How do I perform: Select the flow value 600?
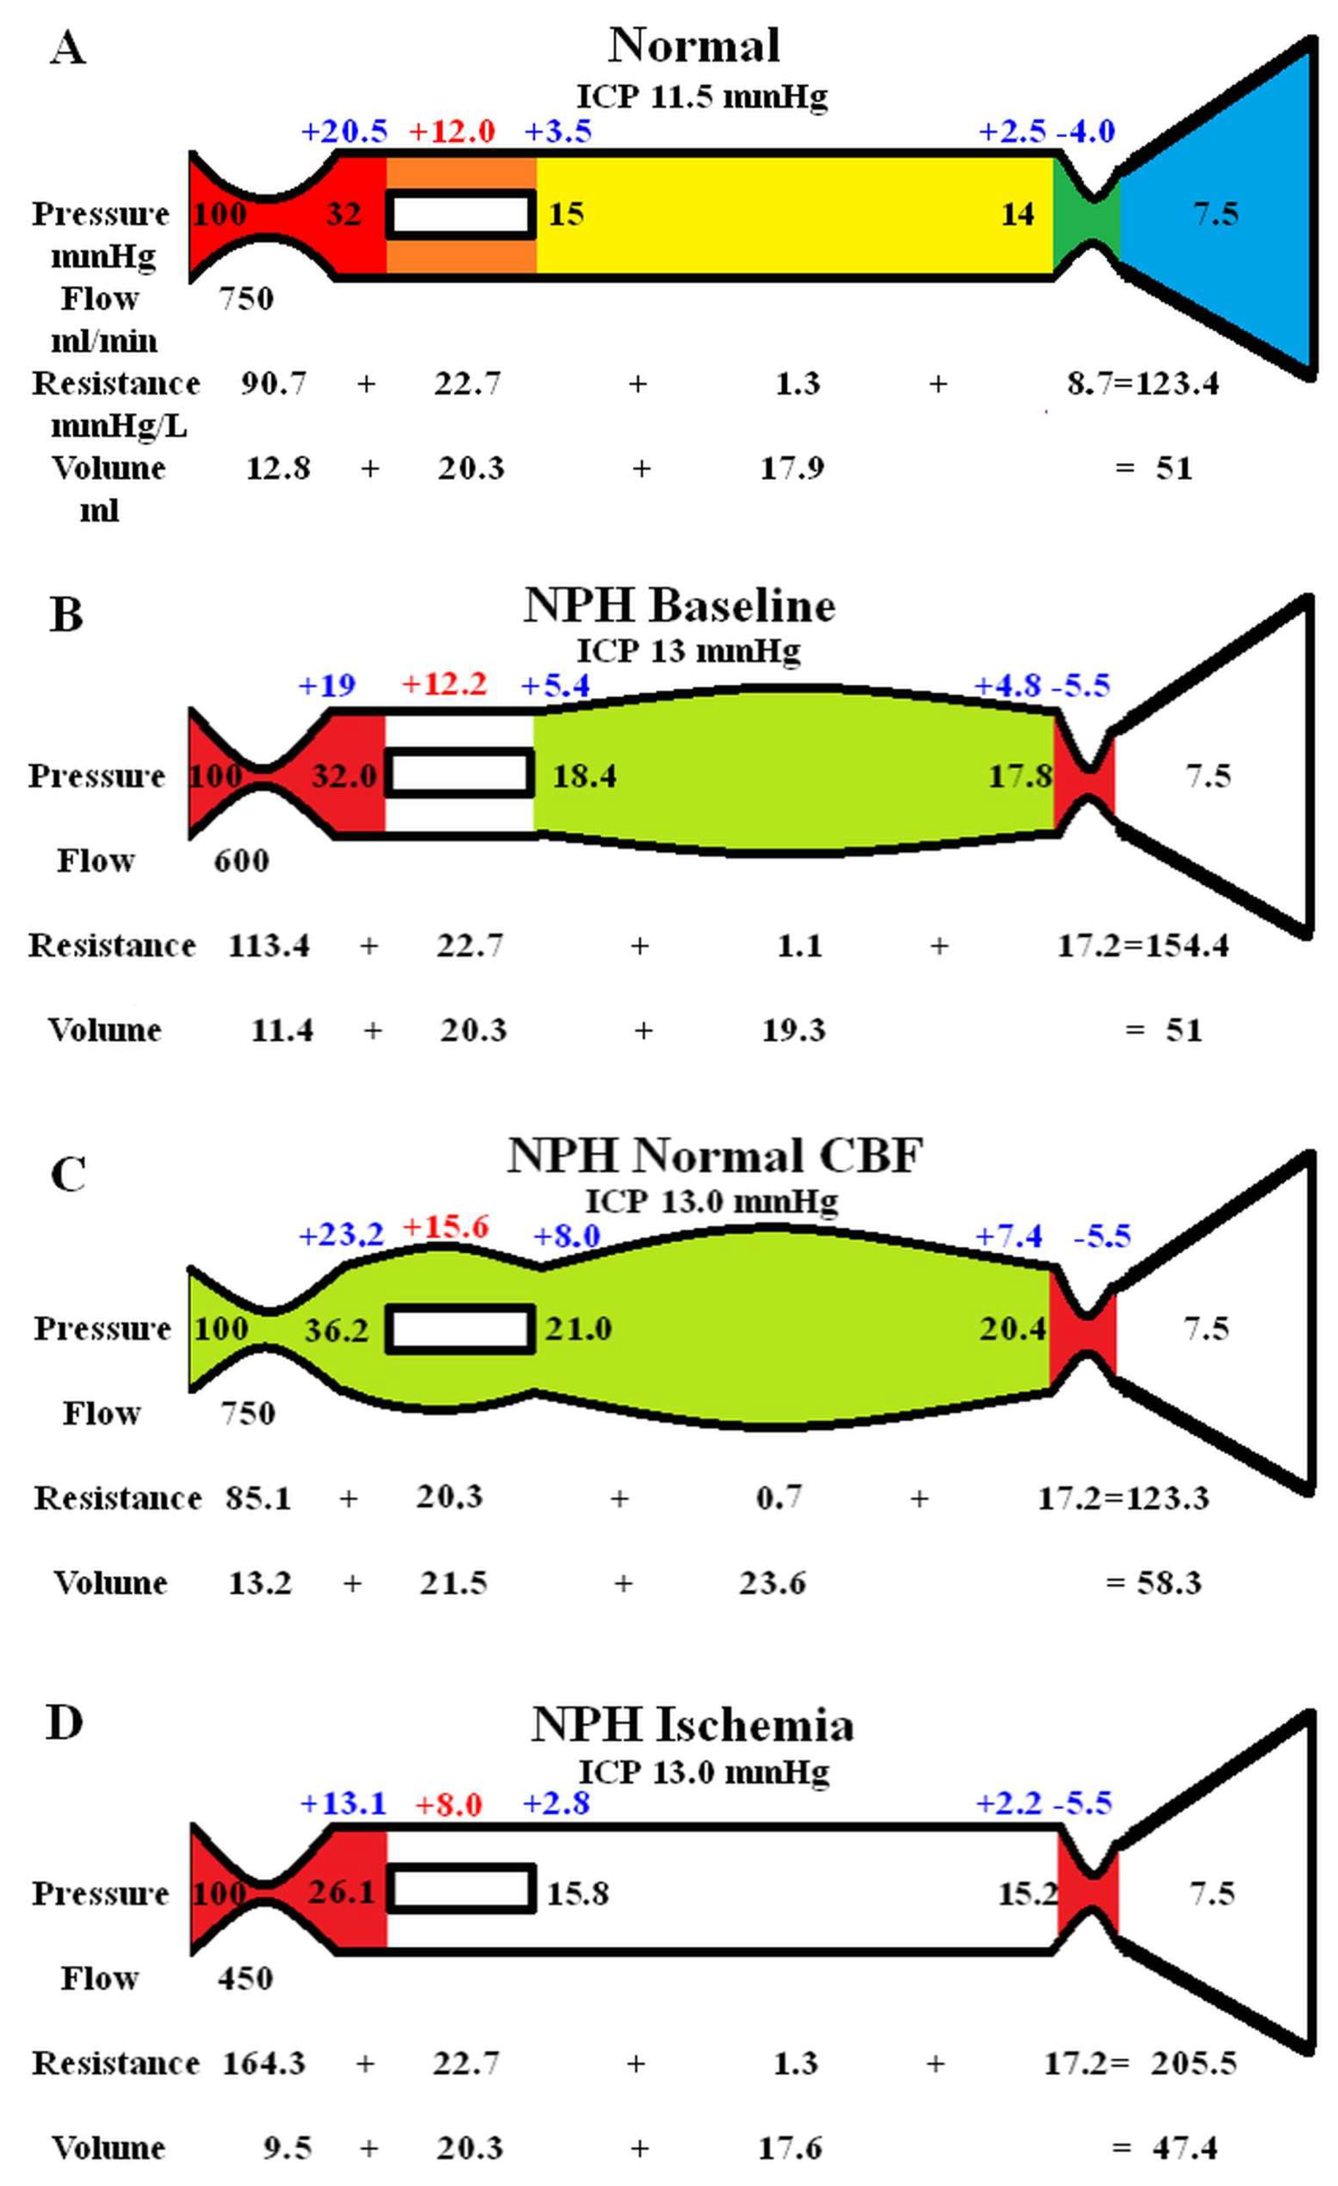tap(241, 861)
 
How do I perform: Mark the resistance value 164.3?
tap(263, 2063)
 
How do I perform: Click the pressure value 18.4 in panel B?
tap(584, 776)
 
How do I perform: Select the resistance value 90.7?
tap(273, 383)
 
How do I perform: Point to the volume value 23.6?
tap(772, 1583)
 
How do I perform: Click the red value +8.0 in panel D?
tap(449, 1805)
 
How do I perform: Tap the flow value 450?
tap(245, 1978)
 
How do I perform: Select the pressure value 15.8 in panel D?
tap(578, 1893)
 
